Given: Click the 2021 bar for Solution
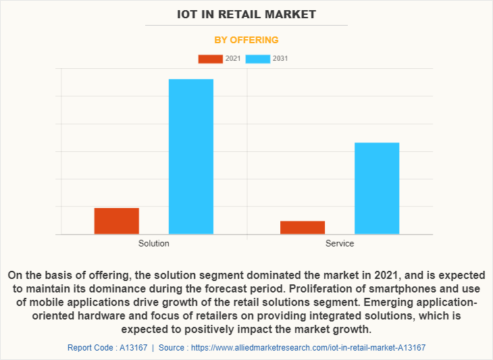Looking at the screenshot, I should tap(116, 221).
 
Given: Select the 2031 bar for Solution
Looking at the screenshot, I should tap(190, 157).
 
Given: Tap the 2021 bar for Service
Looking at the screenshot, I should tap(303, 228).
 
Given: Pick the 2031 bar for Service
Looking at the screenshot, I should tap(377, 188).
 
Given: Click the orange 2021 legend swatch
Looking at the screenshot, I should tap(210, 59).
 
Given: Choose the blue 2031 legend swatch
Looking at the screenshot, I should tap(257, 59).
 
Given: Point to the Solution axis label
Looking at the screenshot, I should tap(154, 243).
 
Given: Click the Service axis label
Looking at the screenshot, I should tap(340, 243).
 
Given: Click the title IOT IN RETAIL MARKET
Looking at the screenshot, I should tap(246, 14).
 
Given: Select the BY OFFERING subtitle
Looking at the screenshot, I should tap(246, 40).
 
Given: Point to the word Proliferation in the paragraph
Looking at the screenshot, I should tap(290, 289).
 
